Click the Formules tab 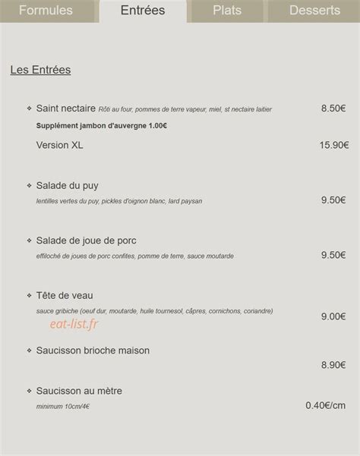coord(46,11)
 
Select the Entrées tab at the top coord(143,11)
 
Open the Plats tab coord(227,11)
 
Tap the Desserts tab coord(314,11)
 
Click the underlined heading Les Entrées coord(40,70)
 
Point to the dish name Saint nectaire coord(66,108)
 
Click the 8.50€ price coord(333,108)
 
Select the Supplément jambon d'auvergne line coord(102,125)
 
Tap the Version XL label coord(59,145)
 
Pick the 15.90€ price coord(334,145)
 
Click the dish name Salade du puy coord(67,185)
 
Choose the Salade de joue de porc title coord(86,241)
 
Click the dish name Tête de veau coord(65,295)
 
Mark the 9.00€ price coord(333,316)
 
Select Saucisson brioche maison coord(93,351)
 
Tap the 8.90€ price coord(333,365)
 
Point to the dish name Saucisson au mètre coord(79,391)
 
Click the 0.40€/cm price coord(326,405)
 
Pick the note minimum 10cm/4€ coord(63,407)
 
